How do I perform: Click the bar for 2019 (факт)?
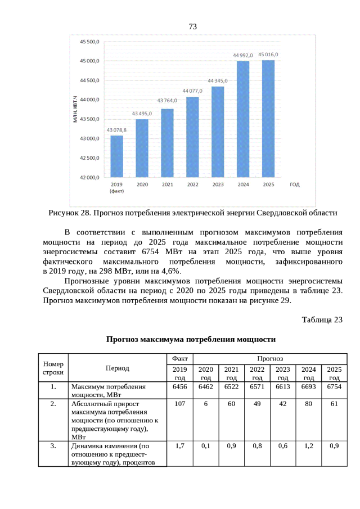[116, 156]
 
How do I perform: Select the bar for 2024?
[243, 119]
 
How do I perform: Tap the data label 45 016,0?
[268, 55]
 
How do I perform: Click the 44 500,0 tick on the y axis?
[90, 80]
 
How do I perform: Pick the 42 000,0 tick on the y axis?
[90, 178]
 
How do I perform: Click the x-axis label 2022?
[192, 185]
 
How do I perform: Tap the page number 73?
[192, 27]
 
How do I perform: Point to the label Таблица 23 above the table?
[322, 320]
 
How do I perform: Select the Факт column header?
[179, 358]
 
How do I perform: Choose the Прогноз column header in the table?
[270, 358]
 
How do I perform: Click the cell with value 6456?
[179, 387]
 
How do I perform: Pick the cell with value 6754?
[334, 387]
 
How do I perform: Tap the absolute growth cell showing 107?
[179, 404]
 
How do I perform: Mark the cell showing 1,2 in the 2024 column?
[308, 446]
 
